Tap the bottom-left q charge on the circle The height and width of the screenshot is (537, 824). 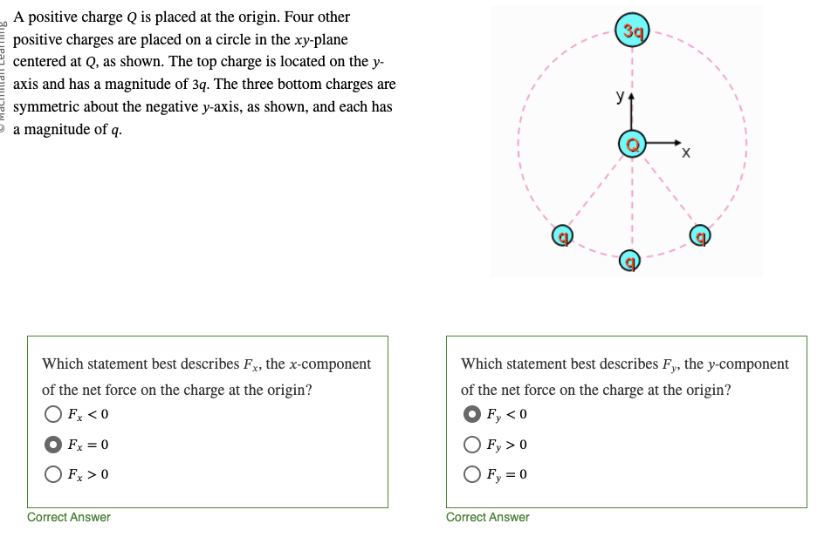[565, 235]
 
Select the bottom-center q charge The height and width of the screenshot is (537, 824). [630, 259]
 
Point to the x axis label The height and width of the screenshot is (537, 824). [686, 155]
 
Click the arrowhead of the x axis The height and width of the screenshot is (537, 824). [678, 139]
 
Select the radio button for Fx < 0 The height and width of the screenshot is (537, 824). [54, 415]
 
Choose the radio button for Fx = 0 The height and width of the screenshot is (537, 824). [54, 445]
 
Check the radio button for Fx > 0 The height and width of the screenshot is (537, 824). [54, 474]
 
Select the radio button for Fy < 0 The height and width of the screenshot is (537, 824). [473, 415]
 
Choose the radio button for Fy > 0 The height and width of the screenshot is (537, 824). [473, 445]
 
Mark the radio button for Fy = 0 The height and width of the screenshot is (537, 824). [473, 474]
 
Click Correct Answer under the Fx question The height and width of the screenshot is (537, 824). [69, 517]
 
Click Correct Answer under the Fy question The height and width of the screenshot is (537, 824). [488, 517]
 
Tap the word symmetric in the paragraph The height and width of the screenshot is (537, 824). [48, 107]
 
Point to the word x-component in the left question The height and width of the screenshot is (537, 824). [331, 364]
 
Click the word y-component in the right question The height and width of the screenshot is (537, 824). [749, 364]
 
